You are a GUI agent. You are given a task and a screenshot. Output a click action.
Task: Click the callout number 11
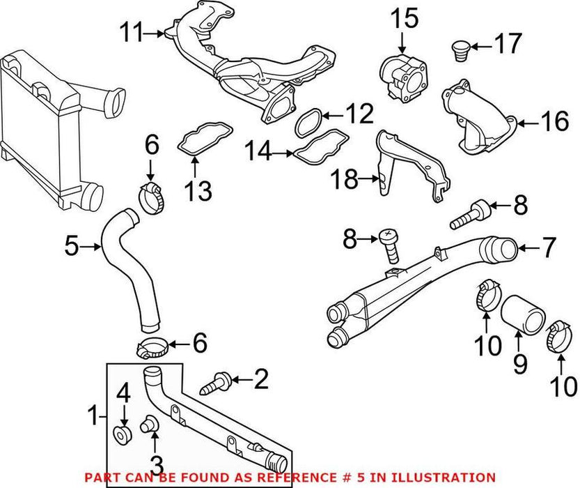click(131, 31)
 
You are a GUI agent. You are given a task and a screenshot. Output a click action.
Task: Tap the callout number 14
click(258, 151)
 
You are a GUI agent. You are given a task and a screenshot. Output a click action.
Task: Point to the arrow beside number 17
click(479, 47)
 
